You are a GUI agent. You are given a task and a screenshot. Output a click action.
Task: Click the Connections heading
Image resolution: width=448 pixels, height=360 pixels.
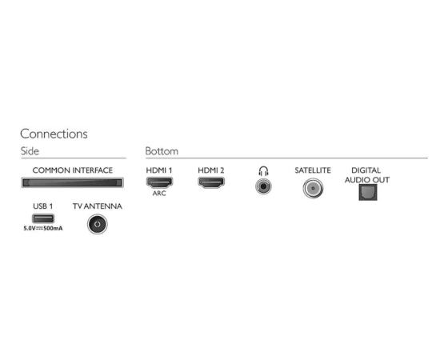coord(54,134)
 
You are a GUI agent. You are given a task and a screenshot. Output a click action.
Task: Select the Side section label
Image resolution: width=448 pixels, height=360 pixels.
coord(30,151)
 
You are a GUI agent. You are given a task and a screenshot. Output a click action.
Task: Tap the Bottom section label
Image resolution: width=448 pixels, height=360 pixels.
coord(162,151)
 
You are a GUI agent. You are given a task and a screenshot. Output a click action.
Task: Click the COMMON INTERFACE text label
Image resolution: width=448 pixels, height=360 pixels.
coord(73,170)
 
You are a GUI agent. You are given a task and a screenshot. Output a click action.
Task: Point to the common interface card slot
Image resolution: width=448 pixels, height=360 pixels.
coord(73,182)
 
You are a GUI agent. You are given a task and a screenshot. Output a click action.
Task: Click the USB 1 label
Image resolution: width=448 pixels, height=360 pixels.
coord(43,206)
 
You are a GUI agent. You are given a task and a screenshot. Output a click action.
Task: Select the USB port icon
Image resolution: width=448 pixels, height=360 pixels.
coord(43,218)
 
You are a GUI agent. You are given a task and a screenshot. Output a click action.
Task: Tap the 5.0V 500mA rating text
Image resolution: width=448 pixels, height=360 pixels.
coord(43,228)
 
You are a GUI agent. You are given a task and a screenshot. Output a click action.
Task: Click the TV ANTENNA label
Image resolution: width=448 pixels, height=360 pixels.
coord(98,206)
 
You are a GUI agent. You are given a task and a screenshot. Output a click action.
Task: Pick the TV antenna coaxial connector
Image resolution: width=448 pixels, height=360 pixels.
coord(98,224)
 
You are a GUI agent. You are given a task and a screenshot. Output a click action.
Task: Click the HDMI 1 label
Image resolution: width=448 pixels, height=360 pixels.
coord(159,170)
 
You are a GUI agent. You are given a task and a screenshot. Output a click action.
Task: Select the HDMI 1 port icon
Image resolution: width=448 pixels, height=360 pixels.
coord(159,182)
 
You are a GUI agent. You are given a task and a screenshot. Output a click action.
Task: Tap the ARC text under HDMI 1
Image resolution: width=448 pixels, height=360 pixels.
coord(159,194)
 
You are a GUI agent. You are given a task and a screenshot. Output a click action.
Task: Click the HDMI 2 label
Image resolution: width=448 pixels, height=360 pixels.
coord(211,170)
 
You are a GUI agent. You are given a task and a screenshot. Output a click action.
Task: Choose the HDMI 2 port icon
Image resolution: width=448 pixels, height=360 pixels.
coord(211,182)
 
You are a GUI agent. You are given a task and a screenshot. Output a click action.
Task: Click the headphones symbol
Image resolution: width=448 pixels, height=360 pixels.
coord(263,171)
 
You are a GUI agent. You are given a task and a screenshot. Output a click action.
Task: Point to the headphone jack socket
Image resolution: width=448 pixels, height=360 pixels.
coord(263,186)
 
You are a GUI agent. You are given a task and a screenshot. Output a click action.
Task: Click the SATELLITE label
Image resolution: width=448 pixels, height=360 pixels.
coord(313,170)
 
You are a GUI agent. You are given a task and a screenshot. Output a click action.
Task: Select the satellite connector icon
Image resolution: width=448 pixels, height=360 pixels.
coord(313,188)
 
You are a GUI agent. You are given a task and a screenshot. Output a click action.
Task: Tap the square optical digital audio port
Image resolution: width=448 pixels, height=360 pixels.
coord(368,192)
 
